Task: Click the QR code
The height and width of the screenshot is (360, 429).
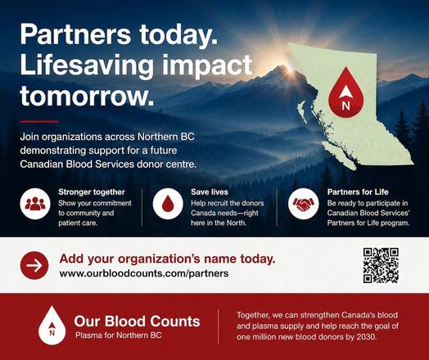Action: point(381,265)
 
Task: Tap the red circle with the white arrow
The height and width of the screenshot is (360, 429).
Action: point(34,265)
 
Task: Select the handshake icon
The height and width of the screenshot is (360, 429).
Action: point(304,204)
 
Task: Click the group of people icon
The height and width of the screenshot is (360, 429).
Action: point(35,204)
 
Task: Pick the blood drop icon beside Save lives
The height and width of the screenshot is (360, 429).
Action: point(168,204)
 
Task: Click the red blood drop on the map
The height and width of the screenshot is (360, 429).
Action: point(346,92)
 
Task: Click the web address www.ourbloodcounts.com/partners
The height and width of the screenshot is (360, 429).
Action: point(144,273)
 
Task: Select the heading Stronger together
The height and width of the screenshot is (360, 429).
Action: point(92,192)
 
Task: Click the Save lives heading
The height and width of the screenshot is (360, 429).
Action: point(210,192)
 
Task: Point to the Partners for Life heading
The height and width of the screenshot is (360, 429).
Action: point(358,192)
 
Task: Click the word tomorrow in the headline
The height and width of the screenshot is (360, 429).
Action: point(87,96)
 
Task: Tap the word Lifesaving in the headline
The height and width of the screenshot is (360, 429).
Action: point(87,65)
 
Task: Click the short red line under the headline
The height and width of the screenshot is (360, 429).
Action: point(39,121)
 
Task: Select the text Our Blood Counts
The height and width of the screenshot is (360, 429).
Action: point(137,322)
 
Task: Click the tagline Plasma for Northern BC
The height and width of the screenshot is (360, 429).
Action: point(118,335)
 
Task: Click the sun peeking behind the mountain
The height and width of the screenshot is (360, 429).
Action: point(290,69)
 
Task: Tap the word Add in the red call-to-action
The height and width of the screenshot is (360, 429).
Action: point(69,259)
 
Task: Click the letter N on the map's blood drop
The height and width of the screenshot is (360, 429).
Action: point(345,106)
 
